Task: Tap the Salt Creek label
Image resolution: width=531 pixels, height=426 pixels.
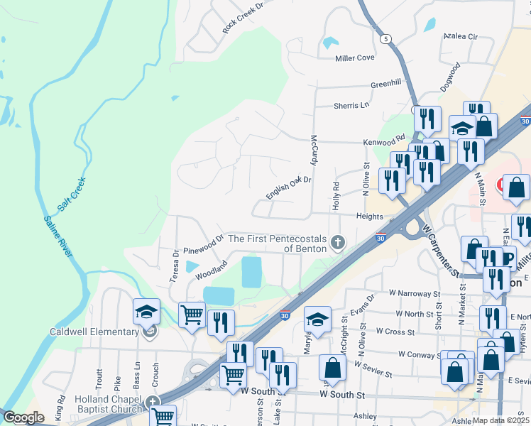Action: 72,192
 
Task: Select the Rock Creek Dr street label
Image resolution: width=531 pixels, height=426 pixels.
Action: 243,16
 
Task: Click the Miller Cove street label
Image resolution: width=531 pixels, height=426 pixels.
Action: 354,58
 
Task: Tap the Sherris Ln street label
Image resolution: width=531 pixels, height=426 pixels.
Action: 352,106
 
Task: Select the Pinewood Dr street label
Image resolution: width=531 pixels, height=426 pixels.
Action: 203,244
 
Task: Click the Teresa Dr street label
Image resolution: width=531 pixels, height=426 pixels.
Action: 175,265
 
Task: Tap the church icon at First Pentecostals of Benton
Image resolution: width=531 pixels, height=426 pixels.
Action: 338,243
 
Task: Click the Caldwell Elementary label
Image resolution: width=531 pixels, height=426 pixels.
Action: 94,332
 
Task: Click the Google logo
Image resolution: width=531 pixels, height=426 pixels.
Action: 24,417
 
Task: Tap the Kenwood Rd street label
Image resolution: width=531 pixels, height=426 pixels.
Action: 383,141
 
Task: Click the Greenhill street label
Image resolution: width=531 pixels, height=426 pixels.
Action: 386,84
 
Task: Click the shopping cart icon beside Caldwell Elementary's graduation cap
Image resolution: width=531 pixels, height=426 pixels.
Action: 192,315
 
